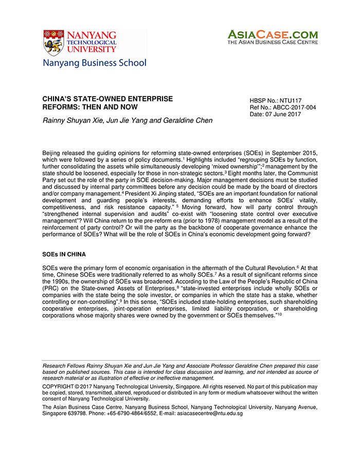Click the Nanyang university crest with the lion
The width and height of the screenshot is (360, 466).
(53, 42)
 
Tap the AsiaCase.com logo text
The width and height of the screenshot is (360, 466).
(273, 35)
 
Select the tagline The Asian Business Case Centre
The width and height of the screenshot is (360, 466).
(273, 43)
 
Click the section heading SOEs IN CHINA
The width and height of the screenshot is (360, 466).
(64, 254)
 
